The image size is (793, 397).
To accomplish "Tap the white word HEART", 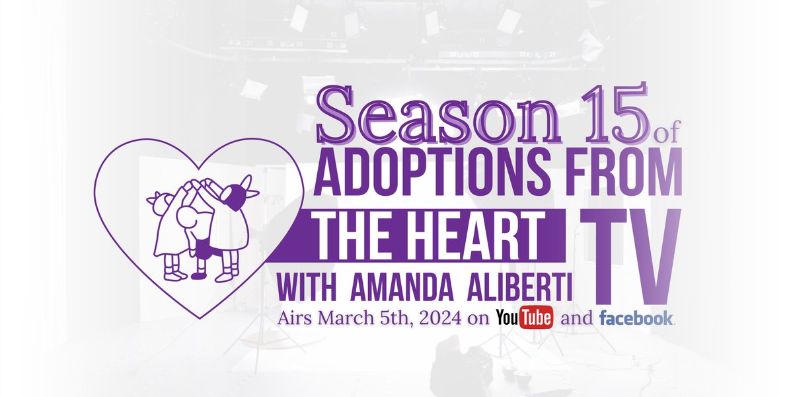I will [x=476, y=236].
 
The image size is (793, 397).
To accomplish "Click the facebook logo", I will [x=636, y=318].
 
